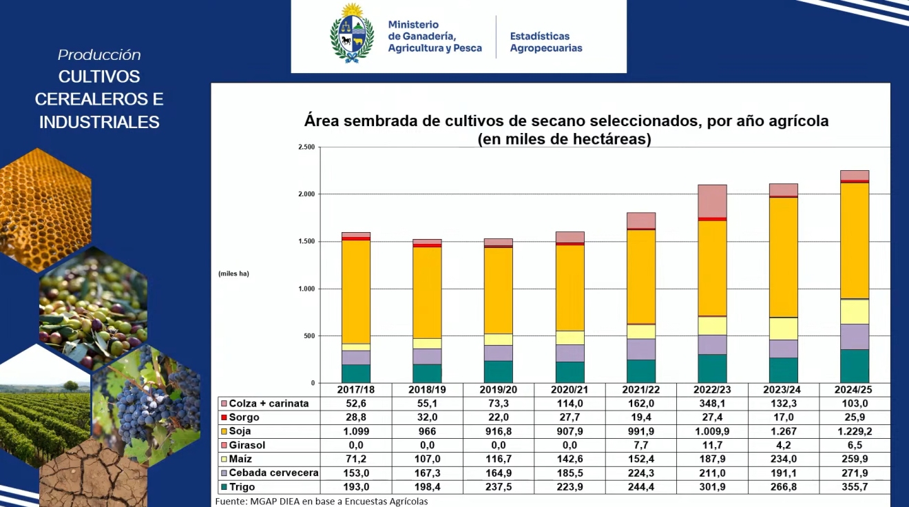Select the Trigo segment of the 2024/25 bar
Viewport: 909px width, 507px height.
pyautogui.click(x=855, y=366)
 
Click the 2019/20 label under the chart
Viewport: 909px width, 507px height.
pyautogui.click(x=498, y=390)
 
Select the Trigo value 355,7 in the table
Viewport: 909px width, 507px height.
pyautogui.click(x=855, y=487)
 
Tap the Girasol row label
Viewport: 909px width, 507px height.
pyautogui.click(x=247, y=445)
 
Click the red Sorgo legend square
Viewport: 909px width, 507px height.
pyautogui.click(x=222, y=417)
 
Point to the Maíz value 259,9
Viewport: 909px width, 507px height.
pyautogui.click(x=855, y=459)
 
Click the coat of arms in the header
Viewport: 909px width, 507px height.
pyautogui.click(x=352, y=34)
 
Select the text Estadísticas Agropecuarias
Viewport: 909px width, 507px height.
pyautogui.click(x=545, y=42)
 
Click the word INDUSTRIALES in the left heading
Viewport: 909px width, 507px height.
pyautogui.click(x=99, y=123)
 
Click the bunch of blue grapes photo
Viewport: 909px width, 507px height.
pyautogui.click(x=148, y=406)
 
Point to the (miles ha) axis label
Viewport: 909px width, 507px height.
pyautogui.click(x=233, y=273)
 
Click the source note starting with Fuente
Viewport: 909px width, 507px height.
pyautogui.click(x=321, y=501)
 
